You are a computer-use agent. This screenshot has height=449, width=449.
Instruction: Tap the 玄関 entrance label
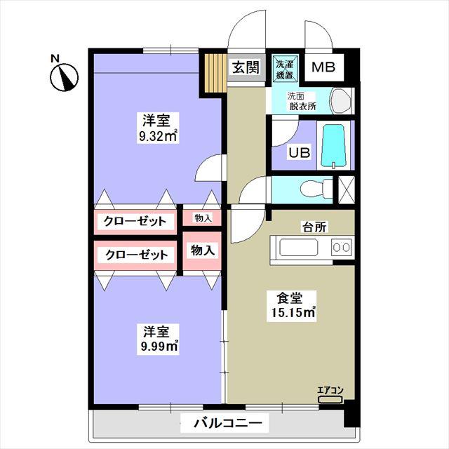[246, 67]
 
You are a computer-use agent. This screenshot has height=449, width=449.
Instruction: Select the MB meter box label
[323, 67]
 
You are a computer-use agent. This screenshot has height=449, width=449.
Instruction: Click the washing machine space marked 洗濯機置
[285, 69]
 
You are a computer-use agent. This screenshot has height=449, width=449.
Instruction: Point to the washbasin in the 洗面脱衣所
[341, 101]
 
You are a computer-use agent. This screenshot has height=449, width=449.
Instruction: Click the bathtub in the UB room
[334, 145]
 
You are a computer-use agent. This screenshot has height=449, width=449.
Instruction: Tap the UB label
[300, 153]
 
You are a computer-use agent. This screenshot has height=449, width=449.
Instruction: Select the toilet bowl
[316, 189]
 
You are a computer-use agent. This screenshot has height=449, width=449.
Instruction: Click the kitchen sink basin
[299, 248]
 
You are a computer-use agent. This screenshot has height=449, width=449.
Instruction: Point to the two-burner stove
[342, 247]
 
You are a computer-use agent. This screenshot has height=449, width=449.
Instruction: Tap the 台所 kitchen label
[314, 227]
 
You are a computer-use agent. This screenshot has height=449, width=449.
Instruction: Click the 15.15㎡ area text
[291, 313]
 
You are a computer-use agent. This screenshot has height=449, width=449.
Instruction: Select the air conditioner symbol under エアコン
[330, 400]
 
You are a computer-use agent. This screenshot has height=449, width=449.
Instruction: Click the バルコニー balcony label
[228, 422]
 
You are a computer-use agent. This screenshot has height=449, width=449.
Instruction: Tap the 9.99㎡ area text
[158, 347]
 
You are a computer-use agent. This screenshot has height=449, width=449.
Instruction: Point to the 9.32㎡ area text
[158, 136]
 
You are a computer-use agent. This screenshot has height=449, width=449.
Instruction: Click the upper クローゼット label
[135, 222]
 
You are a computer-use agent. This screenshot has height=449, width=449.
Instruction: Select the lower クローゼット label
[137, 255]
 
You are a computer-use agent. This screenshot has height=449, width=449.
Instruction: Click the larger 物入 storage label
[203, 250]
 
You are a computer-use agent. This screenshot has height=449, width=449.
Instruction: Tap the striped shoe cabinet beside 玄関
[215, 73]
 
